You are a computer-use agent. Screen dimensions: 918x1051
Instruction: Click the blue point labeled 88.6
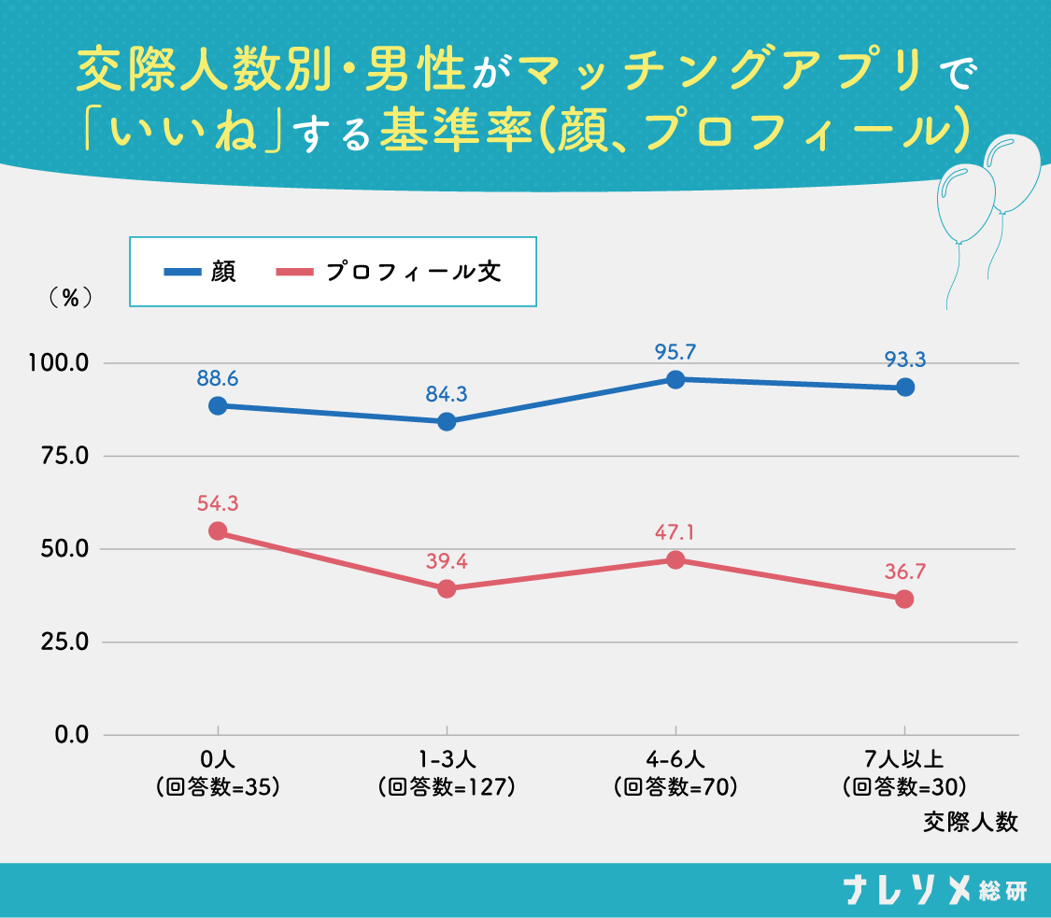coord(218,406)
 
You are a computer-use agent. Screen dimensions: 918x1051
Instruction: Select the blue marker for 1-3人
coord(447,422)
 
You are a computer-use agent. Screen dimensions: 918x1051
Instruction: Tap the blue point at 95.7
coord(675,379)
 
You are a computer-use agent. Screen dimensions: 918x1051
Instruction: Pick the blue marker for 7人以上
coord(904,388)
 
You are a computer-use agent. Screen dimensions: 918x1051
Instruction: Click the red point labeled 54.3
coord(218,531)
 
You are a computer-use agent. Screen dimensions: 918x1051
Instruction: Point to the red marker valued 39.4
coord(447,588)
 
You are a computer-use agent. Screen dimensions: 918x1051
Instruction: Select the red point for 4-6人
coord(675,560)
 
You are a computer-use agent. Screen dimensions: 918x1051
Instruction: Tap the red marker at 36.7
coord(904,600)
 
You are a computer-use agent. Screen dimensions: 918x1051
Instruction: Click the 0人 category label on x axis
coord(218,760)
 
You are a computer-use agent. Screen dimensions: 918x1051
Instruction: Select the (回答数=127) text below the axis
coord(447,787)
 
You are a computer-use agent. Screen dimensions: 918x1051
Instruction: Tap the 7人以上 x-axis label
coord(904,760)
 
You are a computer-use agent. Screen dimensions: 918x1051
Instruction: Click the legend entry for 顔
coord(200,272)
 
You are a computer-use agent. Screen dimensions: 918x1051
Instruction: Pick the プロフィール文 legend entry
coord(390,272)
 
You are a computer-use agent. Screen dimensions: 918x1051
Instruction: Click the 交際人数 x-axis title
coord(971,823)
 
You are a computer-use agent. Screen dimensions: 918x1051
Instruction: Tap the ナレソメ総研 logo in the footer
coord(933,890)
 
